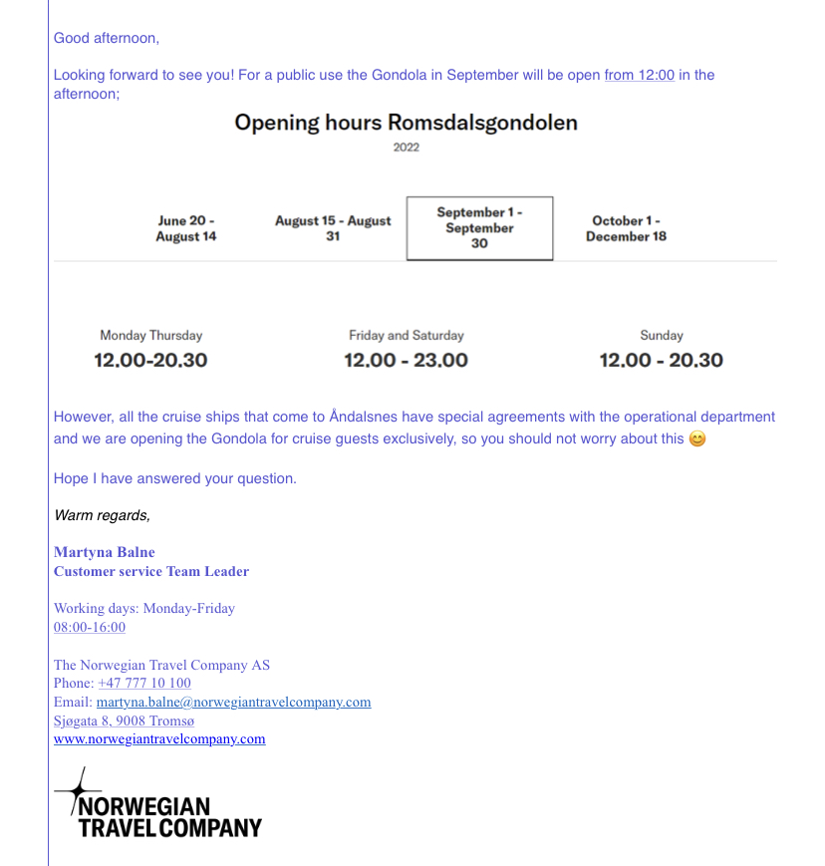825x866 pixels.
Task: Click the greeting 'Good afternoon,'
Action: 106,39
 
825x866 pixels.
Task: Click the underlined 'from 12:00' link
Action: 639,75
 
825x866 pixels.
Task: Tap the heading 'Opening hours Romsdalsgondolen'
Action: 406,123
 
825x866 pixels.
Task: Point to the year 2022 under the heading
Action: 406,147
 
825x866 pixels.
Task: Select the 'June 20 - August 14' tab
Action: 185,229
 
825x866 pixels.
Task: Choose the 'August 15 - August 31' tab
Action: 333,229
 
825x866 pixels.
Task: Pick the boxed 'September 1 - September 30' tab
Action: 479,228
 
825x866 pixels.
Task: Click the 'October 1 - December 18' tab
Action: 626,229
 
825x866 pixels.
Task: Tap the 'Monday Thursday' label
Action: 150,336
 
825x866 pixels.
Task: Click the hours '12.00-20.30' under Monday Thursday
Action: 150,360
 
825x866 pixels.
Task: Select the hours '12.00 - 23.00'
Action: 406,360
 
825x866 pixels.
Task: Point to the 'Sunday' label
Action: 662,336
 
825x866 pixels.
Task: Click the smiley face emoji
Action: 697,439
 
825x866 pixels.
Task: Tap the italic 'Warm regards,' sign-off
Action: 102,515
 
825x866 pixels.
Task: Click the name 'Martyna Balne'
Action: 105,552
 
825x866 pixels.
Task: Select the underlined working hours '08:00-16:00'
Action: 90,627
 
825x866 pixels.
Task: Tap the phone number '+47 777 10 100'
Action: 144,684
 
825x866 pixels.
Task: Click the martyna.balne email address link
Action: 233,702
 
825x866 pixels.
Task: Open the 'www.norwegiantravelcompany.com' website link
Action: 159,738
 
